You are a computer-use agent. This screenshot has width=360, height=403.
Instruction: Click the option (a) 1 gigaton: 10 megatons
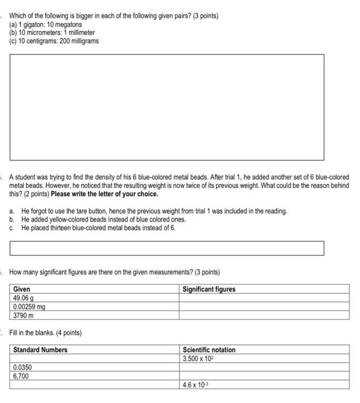[45, 25]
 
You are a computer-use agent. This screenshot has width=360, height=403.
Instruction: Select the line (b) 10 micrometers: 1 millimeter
[52, 33]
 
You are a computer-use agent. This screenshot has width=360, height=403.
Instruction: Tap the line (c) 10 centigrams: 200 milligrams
[54, 41]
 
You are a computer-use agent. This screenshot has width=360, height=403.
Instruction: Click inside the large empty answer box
[167, 107]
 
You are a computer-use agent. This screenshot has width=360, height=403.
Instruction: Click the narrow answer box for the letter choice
[167, 248]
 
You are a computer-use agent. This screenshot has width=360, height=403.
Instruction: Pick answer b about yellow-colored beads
[104, 219]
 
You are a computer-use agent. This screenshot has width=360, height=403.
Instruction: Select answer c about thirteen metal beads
[98, 227]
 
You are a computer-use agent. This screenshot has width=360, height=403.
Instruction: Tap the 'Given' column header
[22, 289]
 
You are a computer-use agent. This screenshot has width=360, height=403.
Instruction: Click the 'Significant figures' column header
[209, 289]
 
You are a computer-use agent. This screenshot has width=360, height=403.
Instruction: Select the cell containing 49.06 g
[24, 298]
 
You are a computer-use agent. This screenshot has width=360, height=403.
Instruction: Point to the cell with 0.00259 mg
[29, 307]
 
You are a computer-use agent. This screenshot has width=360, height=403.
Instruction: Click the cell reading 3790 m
[24, 315]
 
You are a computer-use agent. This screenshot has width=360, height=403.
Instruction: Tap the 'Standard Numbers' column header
[40, 349]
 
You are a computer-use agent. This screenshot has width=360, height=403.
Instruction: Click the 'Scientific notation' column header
[209, 349]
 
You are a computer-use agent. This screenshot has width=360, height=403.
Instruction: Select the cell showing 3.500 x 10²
[198, 358]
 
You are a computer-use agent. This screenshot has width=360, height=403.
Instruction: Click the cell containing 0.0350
[22, 367]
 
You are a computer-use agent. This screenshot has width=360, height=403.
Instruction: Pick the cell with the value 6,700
[21, 375]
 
